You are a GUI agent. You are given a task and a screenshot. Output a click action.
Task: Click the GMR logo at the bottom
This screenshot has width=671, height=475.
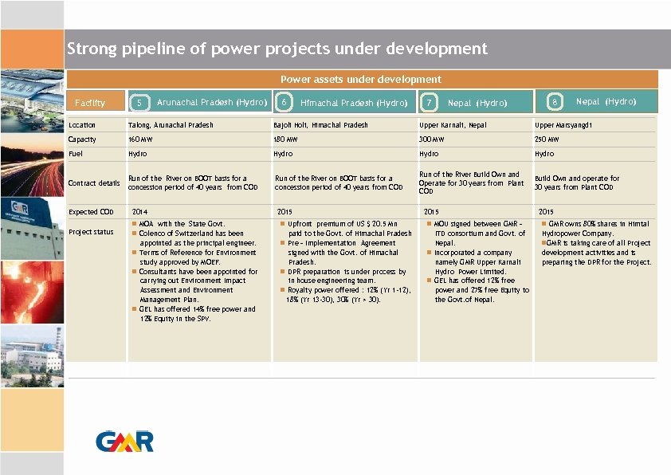click(125, 441)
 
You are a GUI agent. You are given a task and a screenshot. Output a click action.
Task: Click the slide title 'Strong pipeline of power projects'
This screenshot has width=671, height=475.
click(277, 49)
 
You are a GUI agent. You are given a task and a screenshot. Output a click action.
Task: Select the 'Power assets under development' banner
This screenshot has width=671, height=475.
click(360, 79)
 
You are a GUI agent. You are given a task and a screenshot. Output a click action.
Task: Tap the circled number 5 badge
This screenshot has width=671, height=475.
click(139, 102)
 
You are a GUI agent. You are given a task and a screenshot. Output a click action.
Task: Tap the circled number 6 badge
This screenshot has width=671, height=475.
click(284, 102)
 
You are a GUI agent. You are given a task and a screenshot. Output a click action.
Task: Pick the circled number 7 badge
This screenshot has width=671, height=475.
click(430, 103)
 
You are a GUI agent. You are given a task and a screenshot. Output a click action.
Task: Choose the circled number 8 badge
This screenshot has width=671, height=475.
click(554, 102)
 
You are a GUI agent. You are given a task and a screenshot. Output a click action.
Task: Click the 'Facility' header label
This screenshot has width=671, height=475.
click(89, 103)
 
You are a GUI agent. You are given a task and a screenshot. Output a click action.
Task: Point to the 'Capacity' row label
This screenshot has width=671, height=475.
click(82, 139)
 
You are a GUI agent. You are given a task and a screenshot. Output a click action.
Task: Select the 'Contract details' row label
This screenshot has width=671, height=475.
click(94, 183)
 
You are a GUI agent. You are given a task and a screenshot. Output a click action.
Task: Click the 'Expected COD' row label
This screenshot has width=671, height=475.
click(92, 212)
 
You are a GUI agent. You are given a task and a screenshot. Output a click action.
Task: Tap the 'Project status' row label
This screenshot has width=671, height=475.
click(91, 232)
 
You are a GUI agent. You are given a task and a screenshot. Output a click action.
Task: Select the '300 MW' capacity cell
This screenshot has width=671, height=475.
click(431, 139)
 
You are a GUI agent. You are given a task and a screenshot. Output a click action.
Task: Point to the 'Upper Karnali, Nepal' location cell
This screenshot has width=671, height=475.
click(452, 125)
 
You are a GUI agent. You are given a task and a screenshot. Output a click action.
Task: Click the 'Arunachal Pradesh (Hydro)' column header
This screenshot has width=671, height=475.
click(211, 102)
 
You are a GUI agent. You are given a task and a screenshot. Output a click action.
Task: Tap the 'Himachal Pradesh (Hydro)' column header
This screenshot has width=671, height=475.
click(354, 103)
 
